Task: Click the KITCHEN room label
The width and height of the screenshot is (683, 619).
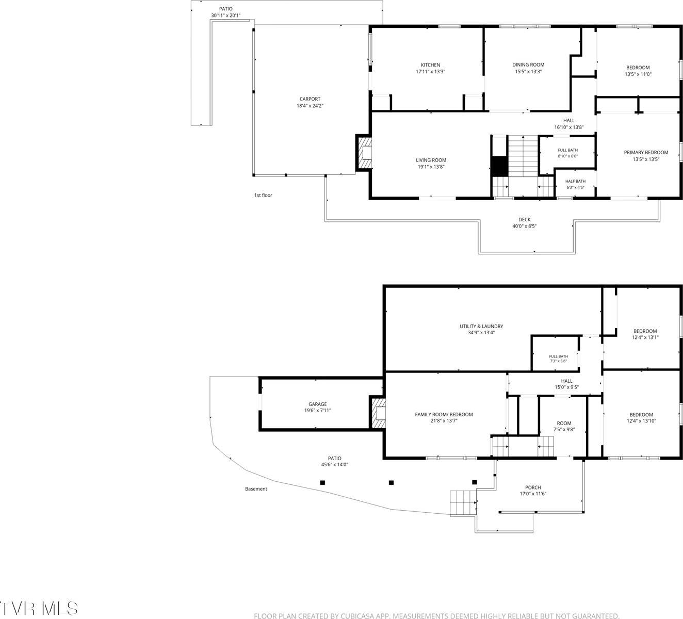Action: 430,64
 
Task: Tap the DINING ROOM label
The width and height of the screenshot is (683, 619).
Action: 528,64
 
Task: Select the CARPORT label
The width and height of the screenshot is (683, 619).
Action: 310,99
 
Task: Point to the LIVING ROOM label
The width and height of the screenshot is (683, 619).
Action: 431,160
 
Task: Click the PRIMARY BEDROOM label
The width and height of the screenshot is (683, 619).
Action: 646,153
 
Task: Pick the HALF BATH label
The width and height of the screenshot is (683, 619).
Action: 575,182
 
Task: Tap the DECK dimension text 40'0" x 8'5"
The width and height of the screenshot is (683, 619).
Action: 524,226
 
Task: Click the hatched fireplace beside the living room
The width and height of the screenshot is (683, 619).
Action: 364,153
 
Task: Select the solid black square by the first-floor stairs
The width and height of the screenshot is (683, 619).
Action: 499,167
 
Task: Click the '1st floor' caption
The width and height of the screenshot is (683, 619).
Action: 263,195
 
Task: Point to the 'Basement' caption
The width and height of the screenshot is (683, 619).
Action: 256,489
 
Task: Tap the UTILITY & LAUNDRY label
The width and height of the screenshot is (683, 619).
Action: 481,326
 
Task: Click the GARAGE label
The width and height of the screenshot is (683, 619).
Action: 317,404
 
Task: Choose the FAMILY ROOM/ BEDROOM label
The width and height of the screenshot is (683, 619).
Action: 444,414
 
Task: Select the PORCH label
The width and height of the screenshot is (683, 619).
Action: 533,487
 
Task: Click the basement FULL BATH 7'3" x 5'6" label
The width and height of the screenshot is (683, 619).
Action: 558,359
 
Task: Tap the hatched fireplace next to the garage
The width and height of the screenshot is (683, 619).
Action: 378,413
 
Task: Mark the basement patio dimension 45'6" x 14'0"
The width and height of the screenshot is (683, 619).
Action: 334,464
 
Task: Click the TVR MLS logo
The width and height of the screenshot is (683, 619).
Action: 39,608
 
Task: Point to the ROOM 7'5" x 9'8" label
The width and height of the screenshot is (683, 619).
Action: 564,426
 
